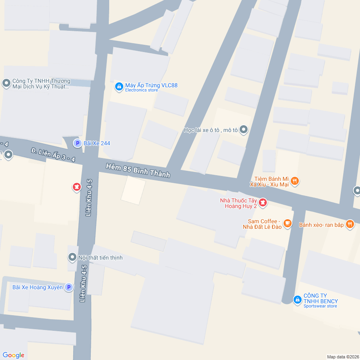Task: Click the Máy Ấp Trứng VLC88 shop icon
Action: tap(119, 86)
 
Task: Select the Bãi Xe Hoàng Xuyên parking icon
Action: tap(68, 287)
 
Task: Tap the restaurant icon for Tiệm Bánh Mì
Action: tap(295, 181)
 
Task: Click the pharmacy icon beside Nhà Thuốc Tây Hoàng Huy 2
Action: tap(263, 203)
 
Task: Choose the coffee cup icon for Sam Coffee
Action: tap(287, 223)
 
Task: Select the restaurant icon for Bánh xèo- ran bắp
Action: tap(350, 224)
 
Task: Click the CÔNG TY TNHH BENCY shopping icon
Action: tap(297, 299)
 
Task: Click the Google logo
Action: tap(14, 355)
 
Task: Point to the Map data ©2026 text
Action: tap(343, 357)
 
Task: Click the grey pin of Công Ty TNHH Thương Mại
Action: tap(6, 83)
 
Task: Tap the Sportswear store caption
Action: tap(320, 306)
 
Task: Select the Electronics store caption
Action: tap(142, 90)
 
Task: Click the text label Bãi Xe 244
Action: tap(97, 143)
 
